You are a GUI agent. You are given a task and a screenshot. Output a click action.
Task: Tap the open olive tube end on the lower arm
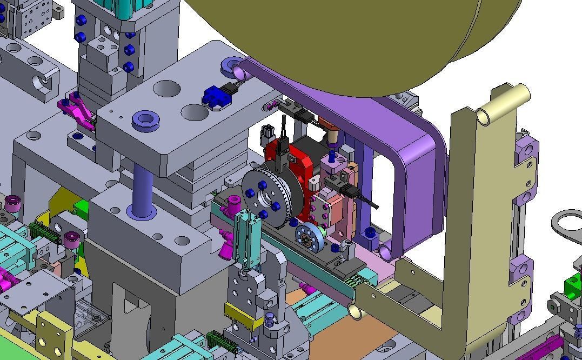356,311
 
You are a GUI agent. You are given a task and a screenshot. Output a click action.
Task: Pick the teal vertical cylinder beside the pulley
249,238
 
